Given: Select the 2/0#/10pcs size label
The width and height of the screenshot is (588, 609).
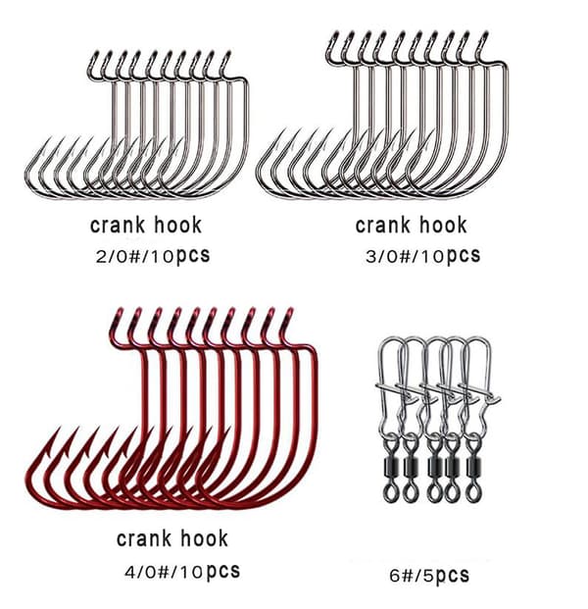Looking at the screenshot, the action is pos(153,256).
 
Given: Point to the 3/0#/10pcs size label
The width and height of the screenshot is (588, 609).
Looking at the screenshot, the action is pos(422,256).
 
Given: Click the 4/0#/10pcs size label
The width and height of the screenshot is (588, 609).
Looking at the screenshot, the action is pos(182,572).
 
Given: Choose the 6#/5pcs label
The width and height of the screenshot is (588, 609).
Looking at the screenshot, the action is pos(429,576).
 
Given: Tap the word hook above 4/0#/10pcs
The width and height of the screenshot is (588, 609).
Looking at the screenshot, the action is pos(204,538).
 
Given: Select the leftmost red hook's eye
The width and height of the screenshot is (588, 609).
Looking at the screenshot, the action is pos(117,317).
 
